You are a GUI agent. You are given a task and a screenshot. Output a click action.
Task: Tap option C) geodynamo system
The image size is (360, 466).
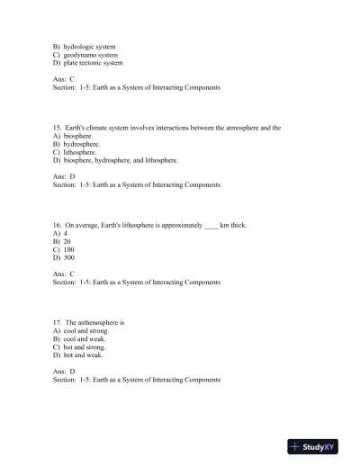(86, 55)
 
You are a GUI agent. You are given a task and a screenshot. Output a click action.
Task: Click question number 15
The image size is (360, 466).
(58, 129)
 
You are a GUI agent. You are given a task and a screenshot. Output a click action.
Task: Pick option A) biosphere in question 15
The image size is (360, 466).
(73, 137)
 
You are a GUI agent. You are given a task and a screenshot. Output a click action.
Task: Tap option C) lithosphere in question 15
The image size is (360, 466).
(75, 152)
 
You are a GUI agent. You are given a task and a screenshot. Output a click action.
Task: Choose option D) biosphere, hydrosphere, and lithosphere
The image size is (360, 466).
(115, 160)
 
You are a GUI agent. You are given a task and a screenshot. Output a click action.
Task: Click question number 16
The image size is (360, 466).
(58, 226)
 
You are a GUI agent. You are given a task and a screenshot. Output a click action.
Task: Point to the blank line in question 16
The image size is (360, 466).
(211, 227)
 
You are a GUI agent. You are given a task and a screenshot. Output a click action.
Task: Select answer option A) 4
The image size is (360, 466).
(60, 234)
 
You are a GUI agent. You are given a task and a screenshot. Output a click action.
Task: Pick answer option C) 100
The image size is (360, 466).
(64, 249)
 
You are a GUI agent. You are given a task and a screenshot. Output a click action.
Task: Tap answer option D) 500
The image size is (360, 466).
(64, 257)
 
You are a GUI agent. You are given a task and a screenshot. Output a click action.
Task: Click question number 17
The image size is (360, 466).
(58, 322)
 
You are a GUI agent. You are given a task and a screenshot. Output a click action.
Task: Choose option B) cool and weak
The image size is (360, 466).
(79, 338)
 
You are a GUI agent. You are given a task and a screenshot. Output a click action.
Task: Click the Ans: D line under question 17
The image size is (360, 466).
(64, 371)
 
